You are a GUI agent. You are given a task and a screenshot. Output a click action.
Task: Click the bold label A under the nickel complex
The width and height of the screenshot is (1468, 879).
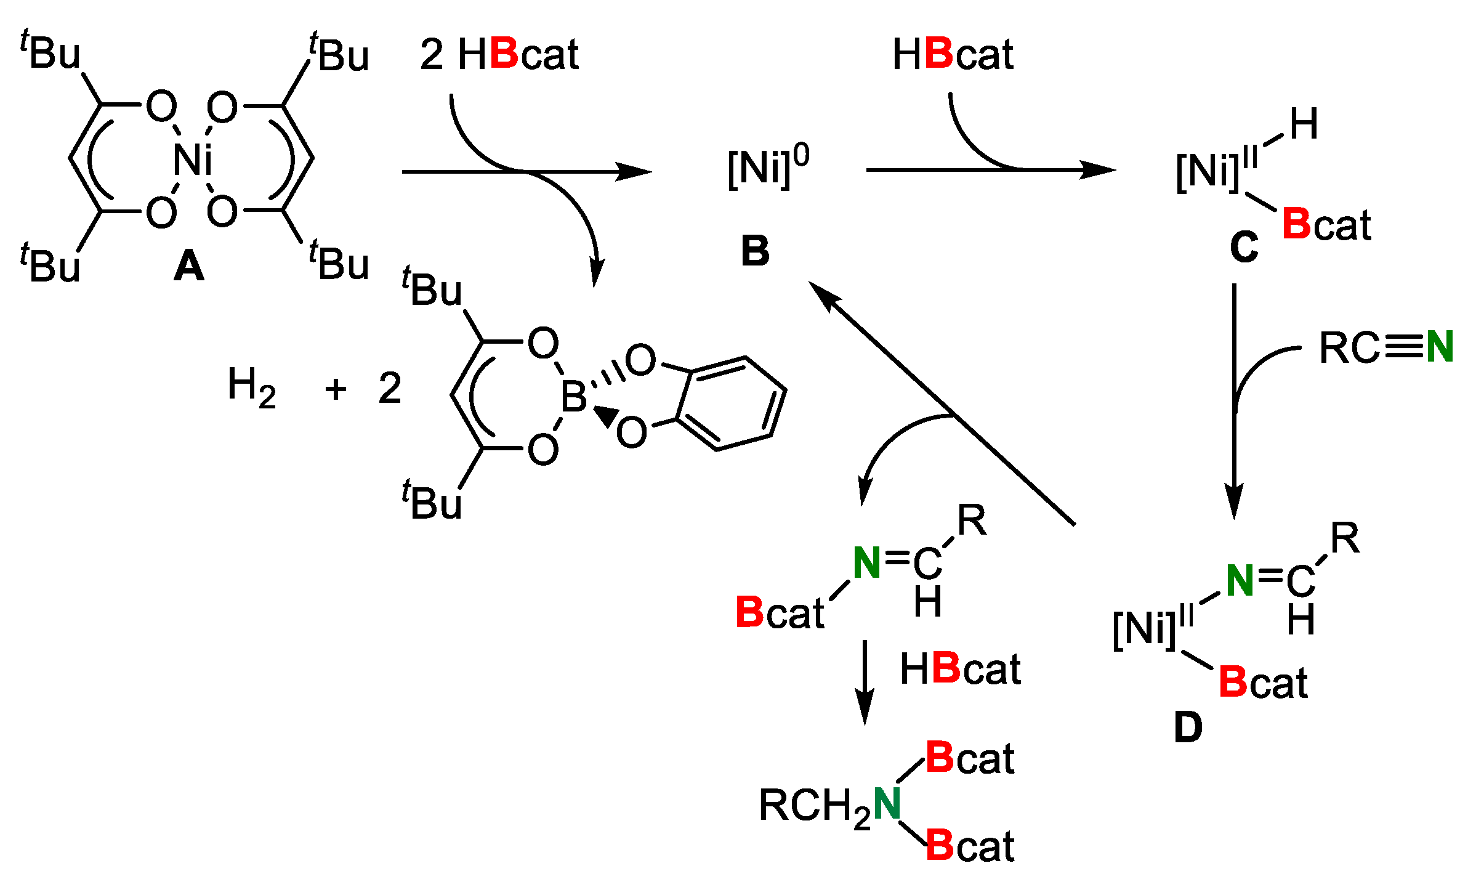[x=189, y=267]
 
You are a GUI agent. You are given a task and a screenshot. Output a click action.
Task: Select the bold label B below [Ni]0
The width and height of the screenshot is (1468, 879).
[x=755, y=251]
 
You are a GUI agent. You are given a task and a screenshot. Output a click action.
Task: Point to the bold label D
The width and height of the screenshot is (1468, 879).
[x=1188, y=727]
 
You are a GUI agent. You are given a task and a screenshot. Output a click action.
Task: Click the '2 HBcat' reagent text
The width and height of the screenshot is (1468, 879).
[x=499, y=54]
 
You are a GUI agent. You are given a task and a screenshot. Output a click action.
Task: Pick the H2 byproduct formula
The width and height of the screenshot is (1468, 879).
[x=251, y=387]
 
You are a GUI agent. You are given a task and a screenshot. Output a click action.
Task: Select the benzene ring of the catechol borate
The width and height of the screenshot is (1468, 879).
[x=732, y=403]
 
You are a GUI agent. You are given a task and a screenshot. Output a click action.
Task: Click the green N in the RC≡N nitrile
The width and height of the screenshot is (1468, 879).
[x=1440, y=347]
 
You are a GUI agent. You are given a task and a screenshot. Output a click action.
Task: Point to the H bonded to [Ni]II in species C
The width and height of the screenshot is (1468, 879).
[x=1304, y=124]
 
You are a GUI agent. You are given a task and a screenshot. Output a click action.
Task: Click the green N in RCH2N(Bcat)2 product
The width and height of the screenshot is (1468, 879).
[x=887, y=803]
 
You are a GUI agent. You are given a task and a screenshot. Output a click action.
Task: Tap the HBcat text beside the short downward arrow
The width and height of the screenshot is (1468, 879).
[x=960, y=669]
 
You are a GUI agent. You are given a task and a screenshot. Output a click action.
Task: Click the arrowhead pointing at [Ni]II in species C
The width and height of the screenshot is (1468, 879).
[x=1099, y=169]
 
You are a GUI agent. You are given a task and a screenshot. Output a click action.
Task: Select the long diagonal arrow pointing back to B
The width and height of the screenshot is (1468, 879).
[x=942, y=403]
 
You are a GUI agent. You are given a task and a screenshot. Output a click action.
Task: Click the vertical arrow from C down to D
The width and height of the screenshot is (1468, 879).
[x=1234, y=400]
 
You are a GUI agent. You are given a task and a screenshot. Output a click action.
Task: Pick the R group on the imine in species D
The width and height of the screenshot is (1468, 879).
[x=1345, y=538]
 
